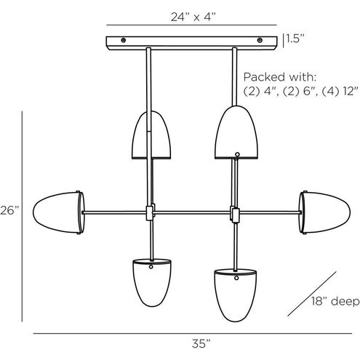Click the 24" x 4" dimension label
pos(193,17)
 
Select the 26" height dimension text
pos(9,210)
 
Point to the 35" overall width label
pos(201,344)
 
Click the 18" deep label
pos(335,301)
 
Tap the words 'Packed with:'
pos(280,77)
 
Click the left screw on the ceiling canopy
pos(124,40)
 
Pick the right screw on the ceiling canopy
pos(260,40)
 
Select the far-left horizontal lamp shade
pos(59,212)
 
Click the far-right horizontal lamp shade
pos(324,212)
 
